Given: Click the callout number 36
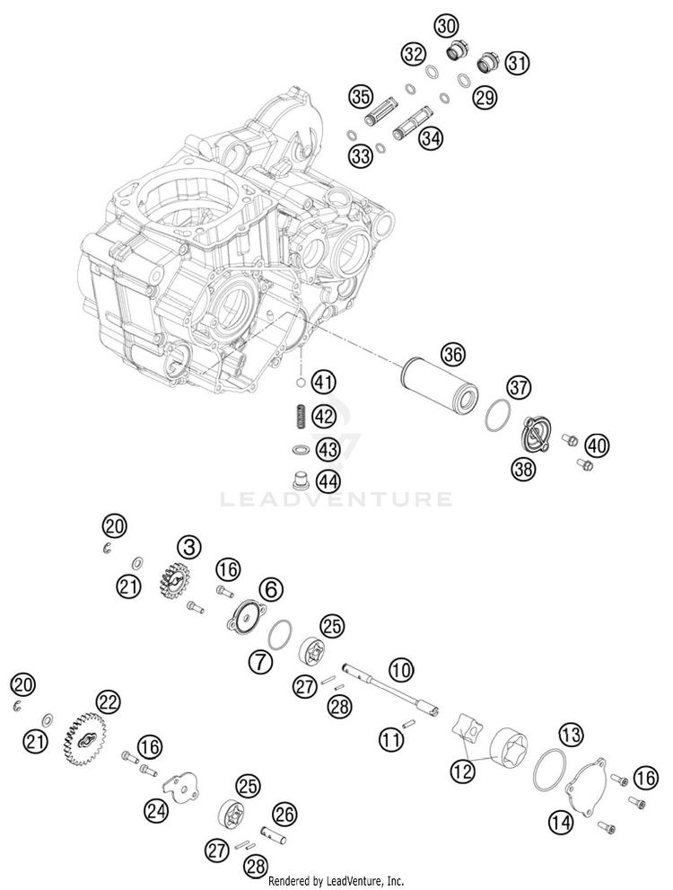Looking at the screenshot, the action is pos(453,355).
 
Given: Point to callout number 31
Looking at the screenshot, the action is pos(517,62).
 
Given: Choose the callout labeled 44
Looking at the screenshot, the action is pos(328,481).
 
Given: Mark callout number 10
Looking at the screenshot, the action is pos(401,668).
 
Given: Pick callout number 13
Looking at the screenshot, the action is pos(572,735).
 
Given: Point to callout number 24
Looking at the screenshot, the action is pos(155,812).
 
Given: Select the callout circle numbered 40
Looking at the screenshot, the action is pos(597,445).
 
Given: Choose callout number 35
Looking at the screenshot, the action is pos(361,95).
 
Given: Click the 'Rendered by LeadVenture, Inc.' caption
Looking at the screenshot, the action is pos(336,881).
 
